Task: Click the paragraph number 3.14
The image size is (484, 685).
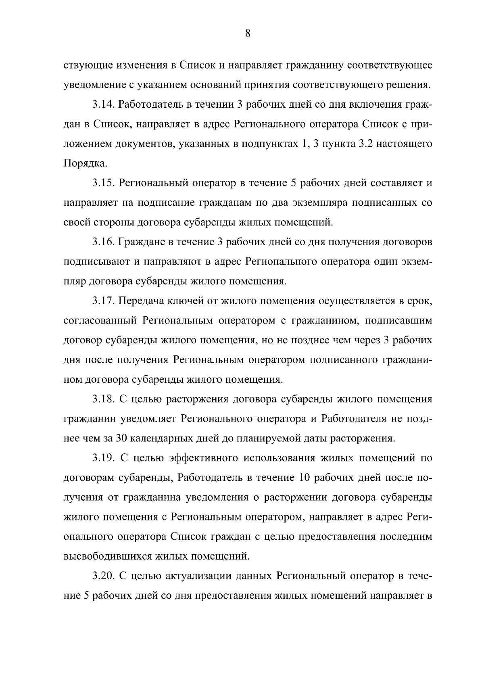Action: coord(104,105)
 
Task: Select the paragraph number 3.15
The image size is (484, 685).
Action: coord(104,183)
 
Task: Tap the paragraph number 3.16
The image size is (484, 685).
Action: coord(104,242)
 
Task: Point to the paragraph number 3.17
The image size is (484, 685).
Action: coord(104,301)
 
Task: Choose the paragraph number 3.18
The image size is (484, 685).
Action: coord(104,399)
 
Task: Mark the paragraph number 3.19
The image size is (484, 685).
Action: coord(104,458)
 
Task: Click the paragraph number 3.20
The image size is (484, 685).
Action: coord(104,576)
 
